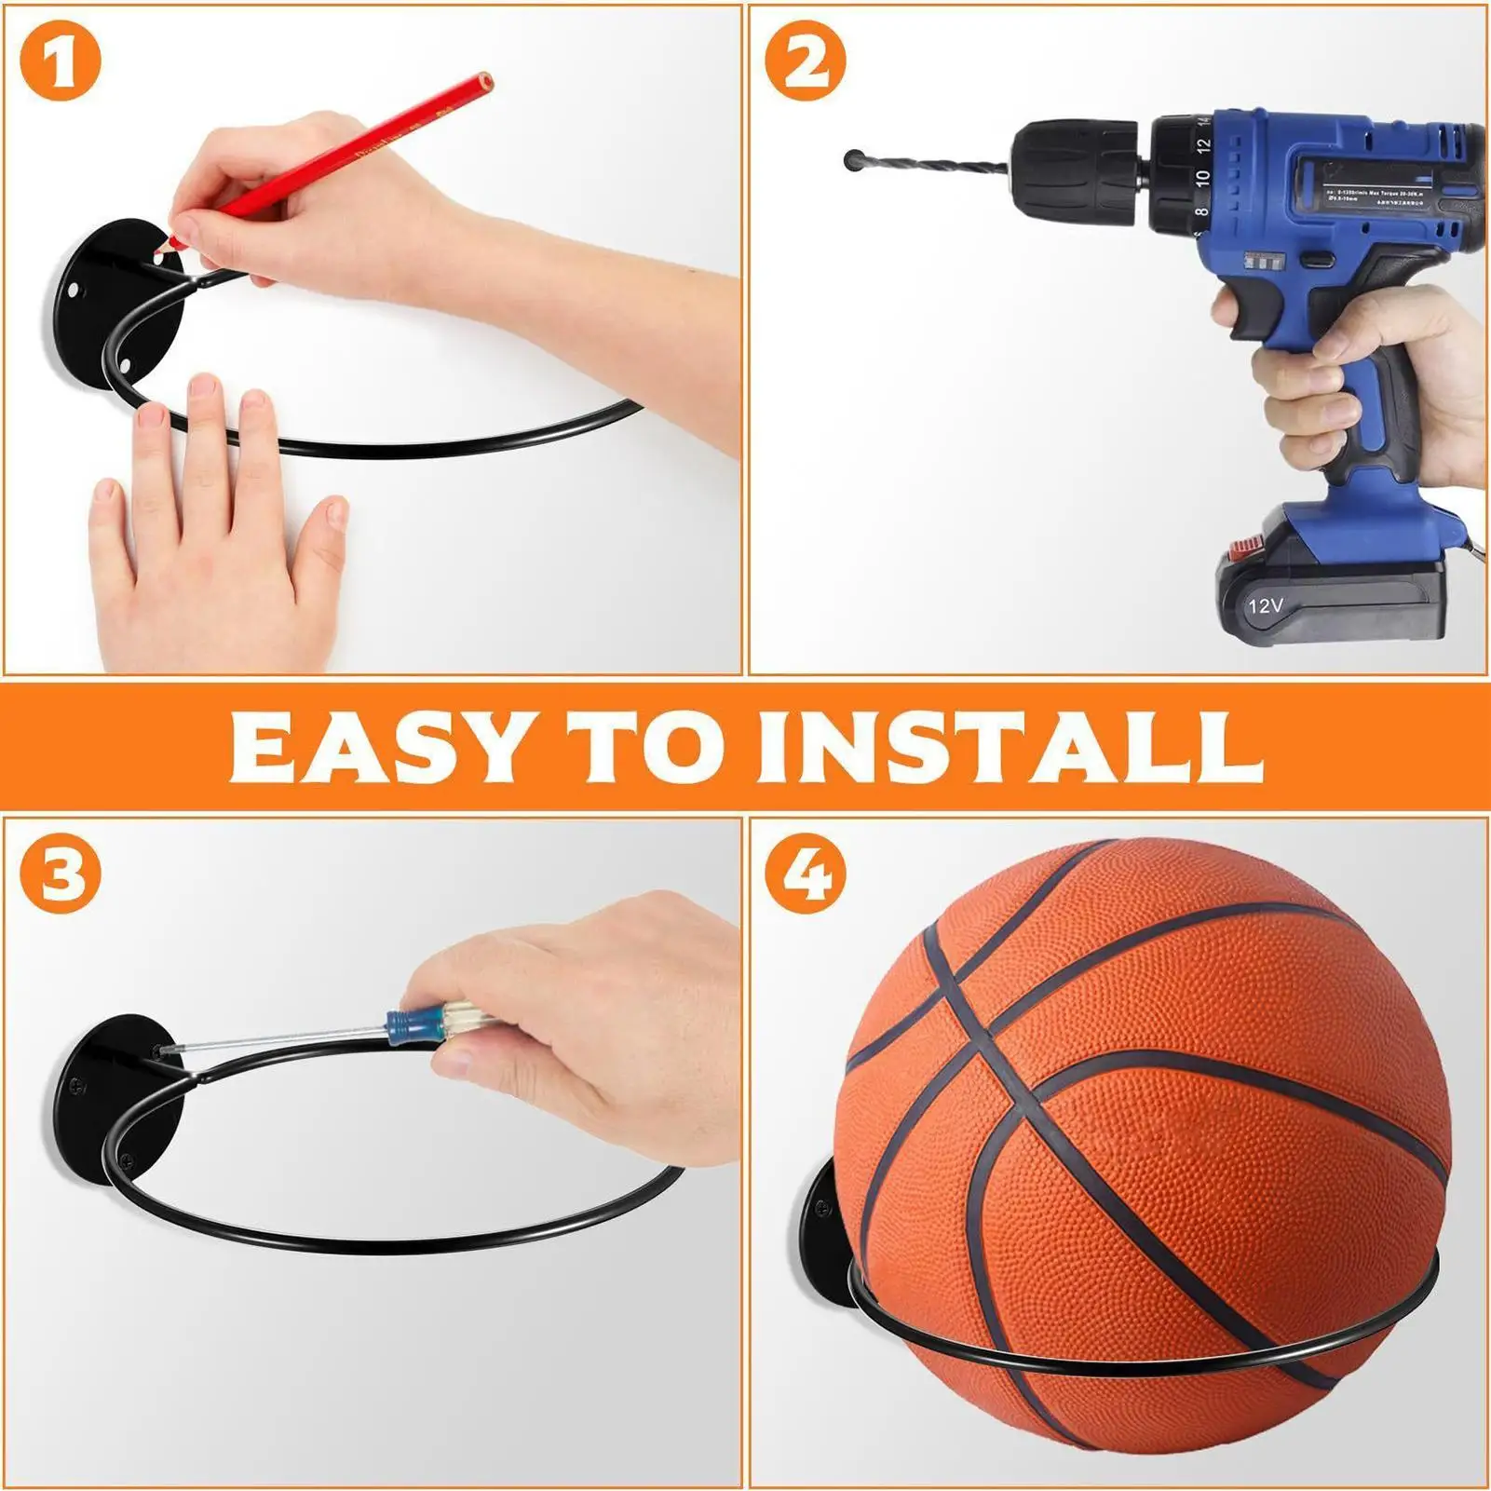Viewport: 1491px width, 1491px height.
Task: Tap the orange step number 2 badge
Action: [806, 61]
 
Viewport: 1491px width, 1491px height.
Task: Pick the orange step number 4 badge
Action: [806, 874]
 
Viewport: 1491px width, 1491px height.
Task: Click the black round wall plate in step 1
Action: [98, 298]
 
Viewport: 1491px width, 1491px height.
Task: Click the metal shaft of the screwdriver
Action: [279, 1037]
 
